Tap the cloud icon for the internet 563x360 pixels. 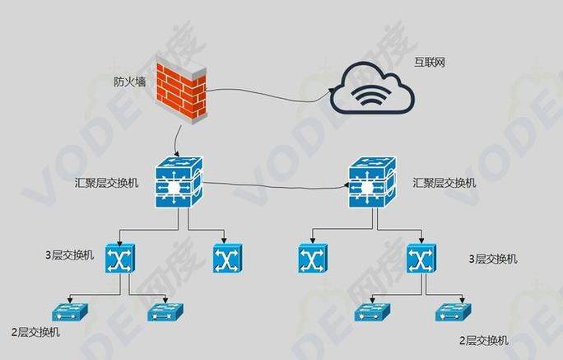372,89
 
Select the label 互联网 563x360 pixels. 430,63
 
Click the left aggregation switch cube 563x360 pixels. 179,182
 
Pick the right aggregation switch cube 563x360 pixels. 373,182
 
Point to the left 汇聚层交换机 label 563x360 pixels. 107,183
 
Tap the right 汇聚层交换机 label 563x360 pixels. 444,183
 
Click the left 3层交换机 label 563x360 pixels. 69,255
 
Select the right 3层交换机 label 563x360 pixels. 493,259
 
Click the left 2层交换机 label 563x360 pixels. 35,332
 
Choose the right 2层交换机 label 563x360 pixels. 484,340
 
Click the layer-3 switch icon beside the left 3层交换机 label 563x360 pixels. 120,259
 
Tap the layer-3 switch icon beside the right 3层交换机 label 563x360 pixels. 421,259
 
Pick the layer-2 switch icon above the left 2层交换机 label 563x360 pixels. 70,312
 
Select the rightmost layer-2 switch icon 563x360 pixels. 454,312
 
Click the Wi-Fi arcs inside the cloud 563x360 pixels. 370,96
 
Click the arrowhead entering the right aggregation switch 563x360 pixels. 347,185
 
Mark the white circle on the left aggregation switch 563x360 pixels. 174,187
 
